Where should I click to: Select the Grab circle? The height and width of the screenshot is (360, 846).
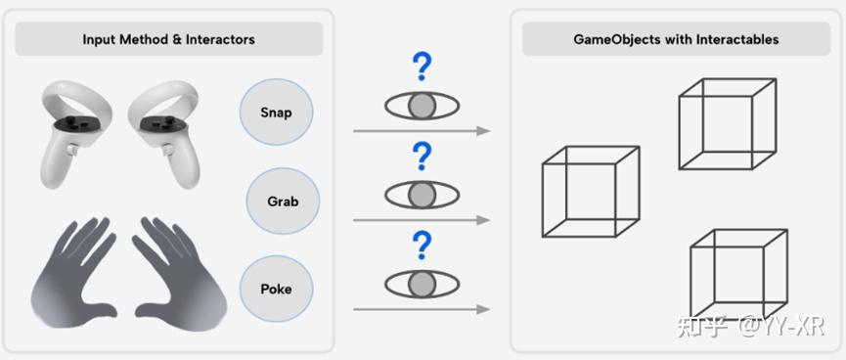pos(283,202)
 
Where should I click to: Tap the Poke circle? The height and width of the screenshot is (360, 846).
pos(276,290)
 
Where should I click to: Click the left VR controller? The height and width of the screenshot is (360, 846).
pos(70,131)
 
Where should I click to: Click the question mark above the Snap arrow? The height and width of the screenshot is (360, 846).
pos(422,67)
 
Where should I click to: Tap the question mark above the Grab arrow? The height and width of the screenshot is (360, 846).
pos(422,156)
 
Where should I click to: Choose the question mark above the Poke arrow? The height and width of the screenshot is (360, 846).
pos(422,244)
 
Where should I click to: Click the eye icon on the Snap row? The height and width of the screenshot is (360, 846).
pos(422,105)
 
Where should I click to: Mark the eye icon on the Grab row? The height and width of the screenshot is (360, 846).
pos(422,194)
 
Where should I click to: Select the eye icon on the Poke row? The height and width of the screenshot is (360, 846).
pos(422,284)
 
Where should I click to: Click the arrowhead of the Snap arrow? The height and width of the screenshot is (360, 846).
pos(483,130)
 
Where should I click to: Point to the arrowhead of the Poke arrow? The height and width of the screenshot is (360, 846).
pos(483,309)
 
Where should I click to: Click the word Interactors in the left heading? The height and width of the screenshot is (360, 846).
pos(221,39)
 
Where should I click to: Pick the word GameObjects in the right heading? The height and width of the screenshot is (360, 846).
pos(612,39)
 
